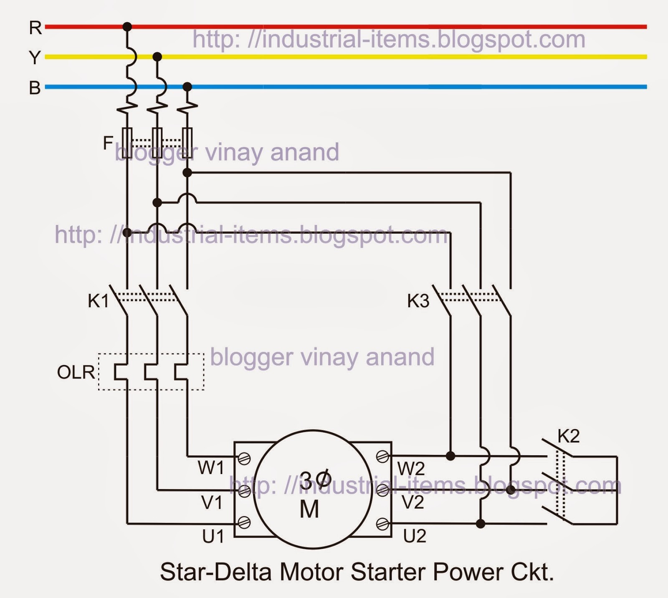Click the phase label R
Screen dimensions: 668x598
(x=35, y=28)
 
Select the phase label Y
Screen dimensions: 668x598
(x=35, y=58)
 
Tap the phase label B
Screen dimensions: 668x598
(x=35, y=88)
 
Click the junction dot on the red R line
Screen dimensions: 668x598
(x=127, y=27)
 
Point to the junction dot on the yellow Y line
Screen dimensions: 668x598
(x=157, y=57)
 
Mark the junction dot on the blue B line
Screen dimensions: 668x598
(x=187, y=87)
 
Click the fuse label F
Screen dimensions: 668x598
(x=108, y=143)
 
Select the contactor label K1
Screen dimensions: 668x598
(x=98, y=301)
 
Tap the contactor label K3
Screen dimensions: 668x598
(x=418, y=301)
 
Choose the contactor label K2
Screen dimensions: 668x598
(x=569, y=436)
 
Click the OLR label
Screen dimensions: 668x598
(x=76, y=372)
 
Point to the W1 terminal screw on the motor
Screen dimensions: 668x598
(x=244, y=459)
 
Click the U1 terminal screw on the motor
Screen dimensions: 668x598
(x=244, y=522)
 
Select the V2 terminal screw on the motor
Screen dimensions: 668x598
(x=382, y=490)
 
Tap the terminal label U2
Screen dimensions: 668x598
(x=415, y=536)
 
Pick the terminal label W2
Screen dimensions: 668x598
(x=411, y=469)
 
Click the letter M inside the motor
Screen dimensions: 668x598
(x=309, y=509)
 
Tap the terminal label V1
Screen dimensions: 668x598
(x=212, y=503)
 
